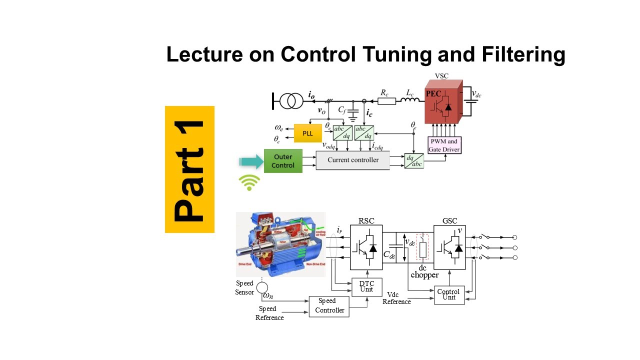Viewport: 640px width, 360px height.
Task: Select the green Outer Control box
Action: coord(283,160)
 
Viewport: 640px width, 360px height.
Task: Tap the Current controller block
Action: coord(353,160)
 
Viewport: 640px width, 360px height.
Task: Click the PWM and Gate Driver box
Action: coord(444,144)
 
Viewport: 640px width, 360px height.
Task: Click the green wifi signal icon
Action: coord(249,183)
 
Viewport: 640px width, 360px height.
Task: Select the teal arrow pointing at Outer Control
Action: coord(251,161)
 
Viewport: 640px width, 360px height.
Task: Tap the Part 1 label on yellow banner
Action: coord(189,170)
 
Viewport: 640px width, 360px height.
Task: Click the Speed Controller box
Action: coord(327,305)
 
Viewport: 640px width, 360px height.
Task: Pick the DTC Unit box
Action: coord(366,286)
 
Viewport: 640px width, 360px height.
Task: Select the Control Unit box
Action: coord(448,294)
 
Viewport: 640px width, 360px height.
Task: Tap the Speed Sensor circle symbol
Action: coord(261,287)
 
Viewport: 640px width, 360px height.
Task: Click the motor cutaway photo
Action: coord(280,244)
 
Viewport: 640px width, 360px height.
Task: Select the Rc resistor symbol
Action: coord(386,101)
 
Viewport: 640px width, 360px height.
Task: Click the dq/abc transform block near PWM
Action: coord(414,160)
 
